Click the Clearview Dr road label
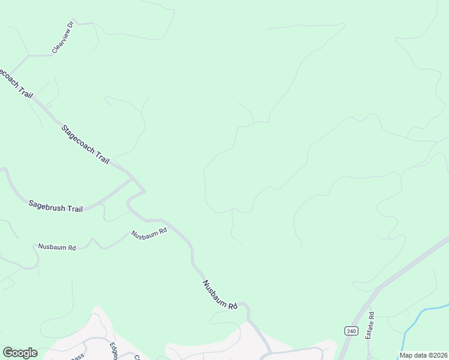point(62,37)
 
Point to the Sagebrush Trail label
point(55,205)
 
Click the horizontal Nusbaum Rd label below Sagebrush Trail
point(56,247)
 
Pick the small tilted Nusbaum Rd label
point(148,233)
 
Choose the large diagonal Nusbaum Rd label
point(220,295)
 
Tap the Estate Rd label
point(371,325)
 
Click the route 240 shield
point(351,331)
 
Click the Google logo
point(20,353)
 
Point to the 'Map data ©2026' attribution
point(423,355)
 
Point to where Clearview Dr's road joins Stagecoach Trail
point(26,56)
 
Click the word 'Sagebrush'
point(46,204)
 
